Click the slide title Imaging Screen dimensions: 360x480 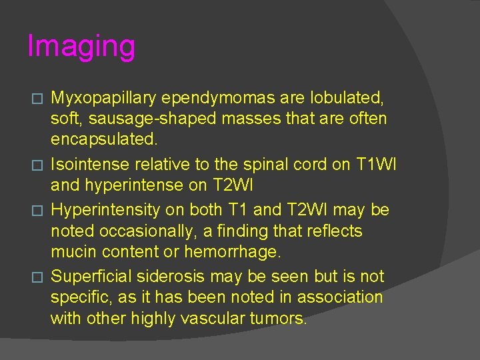pos(81,47)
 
